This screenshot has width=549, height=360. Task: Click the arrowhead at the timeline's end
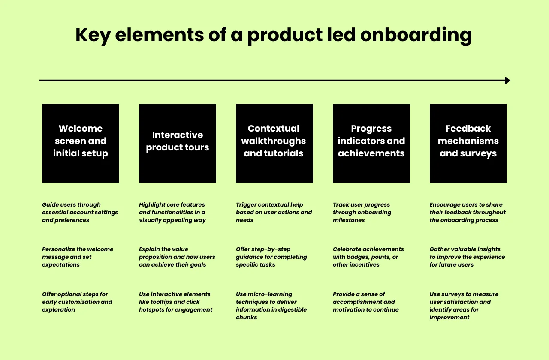[x=507, y=80]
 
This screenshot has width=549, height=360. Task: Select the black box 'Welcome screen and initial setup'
[x=81, y=143]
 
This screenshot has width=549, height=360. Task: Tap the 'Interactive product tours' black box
[x=178, y=143]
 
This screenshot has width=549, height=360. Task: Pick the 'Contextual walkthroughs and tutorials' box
[x=274, y=143]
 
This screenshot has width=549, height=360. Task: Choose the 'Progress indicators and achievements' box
[x=371, y=143]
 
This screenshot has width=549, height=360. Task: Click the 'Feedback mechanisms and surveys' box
[x=468, y=143]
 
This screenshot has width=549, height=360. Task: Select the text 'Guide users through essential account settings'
[x=80, y=212]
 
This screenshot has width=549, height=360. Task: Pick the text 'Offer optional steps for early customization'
[x=77, y=302]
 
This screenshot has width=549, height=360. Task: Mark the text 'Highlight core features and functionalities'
[x=172, y=212]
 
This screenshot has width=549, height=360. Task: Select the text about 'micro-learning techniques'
[x=271, y=306]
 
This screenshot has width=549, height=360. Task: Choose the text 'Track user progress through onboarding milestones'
[x=362, y=212]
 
